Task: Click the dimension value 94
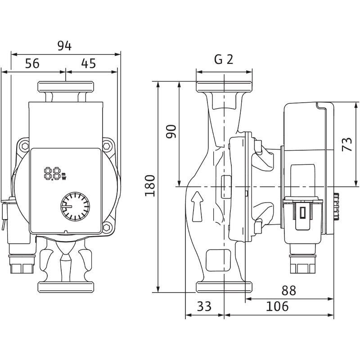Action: pyautogui.click(x=65, y=45)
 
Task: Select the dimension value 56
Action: pyautogui.click(x=32, y=63)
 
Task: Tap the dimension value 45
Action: pyautogui.click(x=89, y=63)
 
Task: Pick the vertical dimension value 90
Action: pyautogui.click(x=172, y=131)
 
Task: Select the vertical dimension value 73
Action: pyautogui.click(x=347, y=144)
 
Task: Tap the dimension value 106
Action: pyautogui.click(x=277, y=307)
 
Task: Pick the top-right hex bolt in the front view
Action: pyautogui.click(x=107, y=146)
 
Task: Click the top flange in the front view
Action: pyautogui.click(x=65, y=86)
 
